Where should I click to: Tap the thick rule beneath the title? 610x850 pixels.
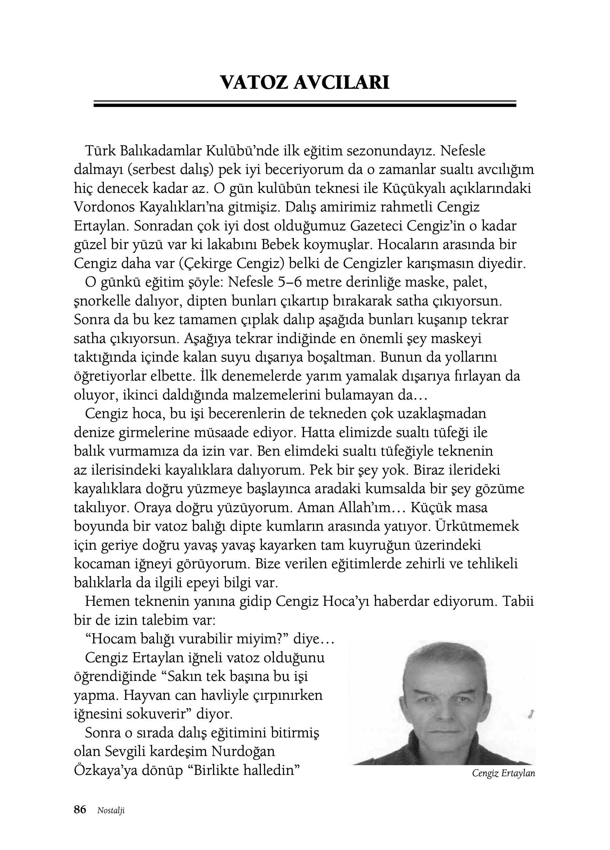[305, 105]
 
